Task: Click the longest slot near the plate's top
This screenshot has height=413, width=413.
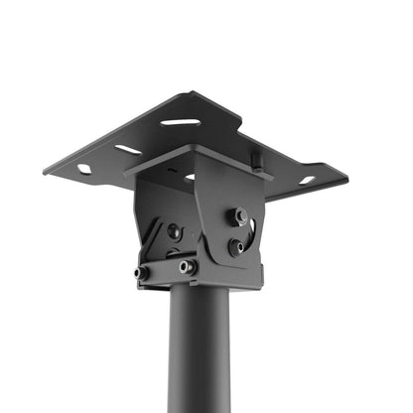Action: point(180,122)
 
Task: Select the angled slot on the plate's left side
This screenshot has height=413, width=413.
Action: point(127,150)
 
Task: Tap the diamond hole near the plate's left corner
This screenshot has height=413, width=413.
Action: point(84,169)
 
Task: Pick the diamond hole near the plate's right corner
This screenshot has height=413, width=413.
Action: point(307,180)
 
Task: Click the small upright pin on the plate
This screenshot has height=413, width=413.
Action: point(255,157)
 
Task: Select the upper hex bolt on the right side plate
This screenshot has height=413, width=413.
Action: point(240,215)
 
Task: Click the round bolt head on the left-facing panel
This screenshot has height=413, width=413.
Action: point(174,231)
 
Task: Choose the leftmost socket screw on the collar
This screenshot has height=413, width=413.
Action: point(143,272)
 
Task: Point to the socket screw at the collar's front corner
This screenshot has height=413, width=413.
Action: point(187,267)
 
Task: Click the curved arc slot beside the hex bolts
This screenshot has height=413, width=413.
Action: point(252,234)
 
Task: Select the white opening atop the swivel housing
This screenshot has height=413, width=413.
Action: point(190,177)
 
